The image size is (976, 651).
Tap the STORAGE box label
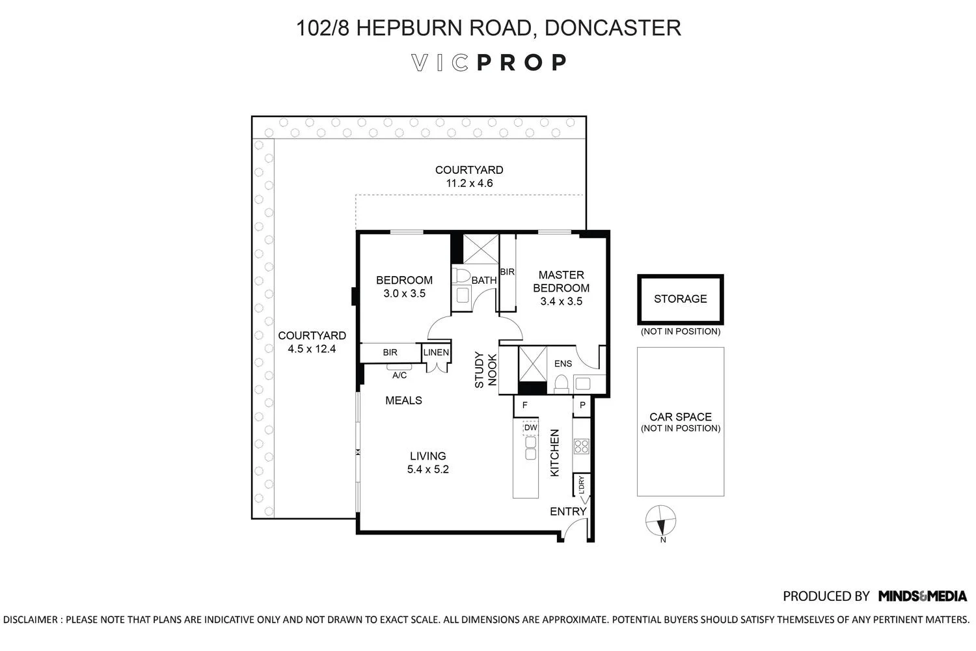[x=680, y=299]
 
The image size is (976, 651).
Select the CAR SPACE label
[x=680, y=417]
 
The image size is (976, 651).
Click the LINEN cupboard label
[x=436, y=353]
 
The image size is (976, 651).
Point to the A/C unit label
[x=399, y=376]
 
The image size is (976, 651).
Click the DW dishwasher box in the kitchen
[x=531, y=428]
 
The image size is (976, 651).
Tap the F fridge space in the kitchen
[x=524, y=405]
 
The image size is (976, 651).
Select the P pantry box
[x=582, y=405]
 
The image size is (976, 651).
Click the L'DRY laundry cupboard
[x=581, y=485]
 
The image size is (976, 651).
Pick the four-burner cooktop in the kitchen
[x=581, y=446]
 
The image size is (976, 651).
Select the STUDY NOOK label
[x=485, y=370]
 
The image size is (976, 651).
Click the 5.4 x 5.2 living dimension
[x=427, y=469]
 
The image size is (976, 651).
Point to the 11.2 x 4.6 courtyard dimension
[x=468, y=184]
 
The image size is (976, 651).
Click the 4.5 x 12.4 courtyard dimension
[x=312, y=349]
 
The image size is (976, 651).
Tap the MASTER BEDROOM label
[x=561, y=281]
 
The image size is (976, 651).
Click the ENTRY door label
[x=567, y=512]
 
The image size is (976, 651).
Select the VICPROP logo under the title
[x=489, y=62]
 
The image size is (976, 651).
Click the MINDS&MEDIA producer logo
[x=922, y=596]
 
